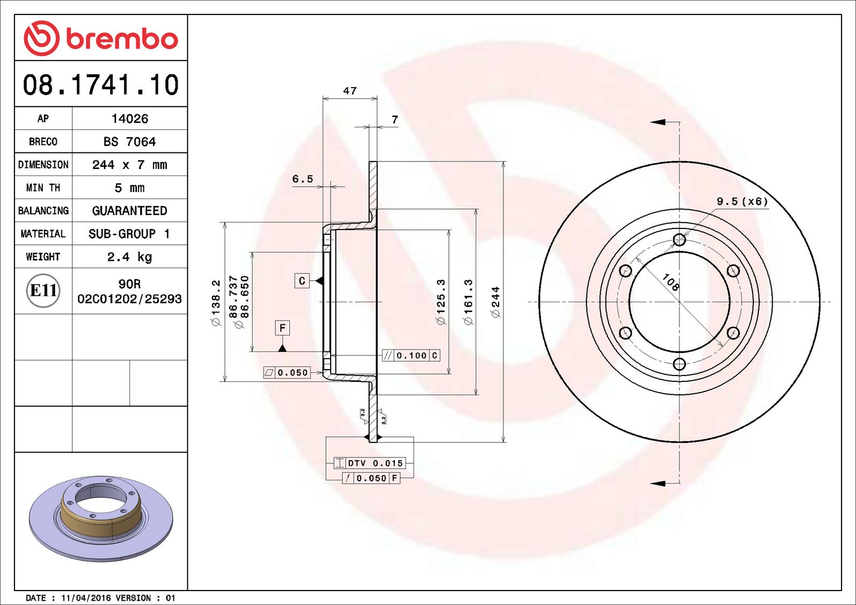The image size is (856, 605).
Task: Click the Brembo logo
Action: pyautogui.click(x=101, y=39)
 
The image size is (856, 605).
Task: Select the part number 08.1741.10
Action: pyautogui.click(x=101, y=85)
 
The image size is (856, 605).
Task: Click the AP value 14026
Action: pyautogui.click(x=129, y=119)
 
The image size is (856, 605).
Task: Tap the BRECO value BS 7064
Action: pyautogui.click(x=129, y=142)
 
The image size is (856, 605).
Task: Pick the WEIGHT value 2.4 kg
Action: pyautogui.click(x=129, y=257)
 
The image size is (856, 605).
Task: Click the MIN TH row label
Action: pyautogui.click(x=43, y=188)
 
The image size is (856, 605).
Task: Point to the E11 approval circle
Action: pyautogui.click(x=43, y=290)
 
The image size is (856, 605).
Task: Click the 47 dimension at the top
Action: pyautogui.click(x=350, y=91)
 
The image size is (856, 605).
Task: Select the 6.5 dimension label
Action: pyautogui.click(x=302, y=179)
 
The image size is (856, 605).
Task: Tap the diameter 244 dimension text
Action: pyautogui.click(x=495, y=302)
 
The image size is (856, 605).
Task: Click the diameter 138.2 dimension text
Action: pyautogui.click(x=216, y=302)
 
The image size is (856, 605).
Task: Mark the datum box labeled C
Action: pyautogui.click(x=302, y=281)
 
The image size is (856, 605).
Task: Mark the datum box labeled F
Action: pyautogui.click(x=282, y=328)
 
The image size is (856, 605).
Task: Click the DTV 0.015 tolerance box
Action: pyautogui.click(x=370, y=463)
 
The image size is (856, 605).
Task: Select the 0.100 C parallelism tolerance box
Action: pyautogui.click(x=411, y=355)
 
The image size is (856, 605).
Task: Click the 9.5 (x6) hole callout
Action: pyautogui.click(x=742, y=202)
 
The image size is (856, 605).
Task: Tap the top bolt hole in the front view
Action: pyautogui.click(x=679, y=239)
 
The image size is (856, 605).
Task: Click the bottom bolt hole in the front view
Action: pyautogui.click(x=679, y=364)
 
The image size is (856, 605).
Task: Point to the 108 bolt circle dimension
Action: pyautogui.click(x=670, y=282)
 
